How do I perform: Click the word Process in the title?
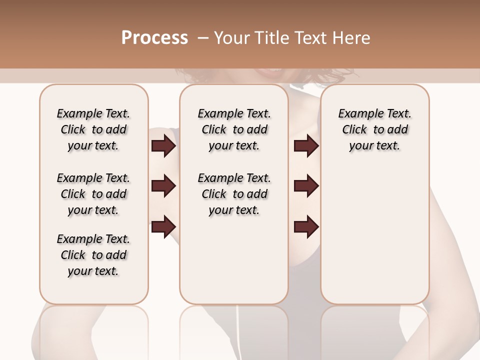pyautogui.click(x=154, y=38)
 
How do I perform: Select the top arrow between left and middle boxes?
pyautogui.click(x=163, y=146)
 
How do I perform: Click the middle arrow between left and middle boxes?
pyautogui.click(x=163, y=186)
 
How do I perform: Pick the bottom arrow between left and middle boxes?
pyautogui.click(x=163, y=226)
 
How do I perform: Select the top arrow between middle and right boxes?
pyautogui.click(x=306, y=146)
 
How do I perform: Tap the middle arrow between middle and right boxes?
pyautogui.click(x=306, y=186)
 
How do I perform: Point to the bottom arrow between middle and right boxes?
pyautogui.click(x=306, y=226)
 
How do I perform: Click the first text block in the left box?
pyautogui.click(x=93, y=129)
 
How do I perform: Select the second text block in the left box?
pyautogui.click(x=93, y=194)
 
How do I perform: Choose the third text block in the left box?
pyautogui.click(x=93, y=255)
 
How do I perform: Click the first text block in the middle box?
pyautogui.click(x=234, y=129)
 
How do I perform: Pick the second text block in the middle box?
pyautogui.click(x=234, y=194)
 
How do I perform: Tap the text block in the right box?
pyautogui.click(x=374, y=129)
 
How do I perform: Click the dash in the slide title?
pyautogui.click(x=202, y=38)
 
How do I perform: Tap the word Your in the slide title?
pyautogui.click(x=231, y=38)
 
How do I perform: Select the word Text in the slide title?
pyautogui.click(x=311, y=38)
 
